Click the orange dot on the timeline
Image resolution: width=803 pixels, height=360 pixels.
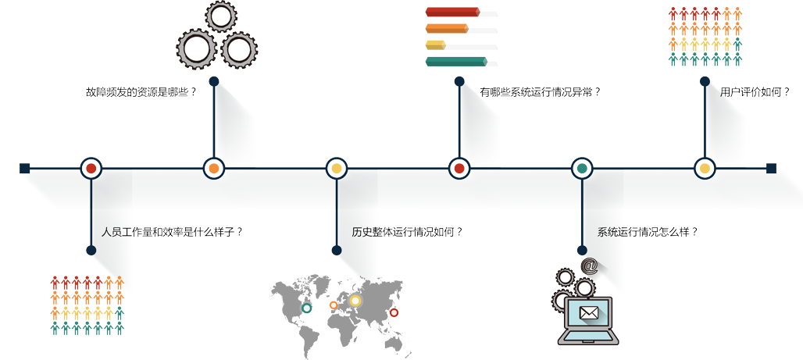213,168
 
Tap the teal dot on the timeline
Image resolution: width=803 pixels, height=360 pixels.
582,168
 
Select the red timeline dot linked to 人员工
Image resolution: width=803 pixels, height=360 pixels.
91,168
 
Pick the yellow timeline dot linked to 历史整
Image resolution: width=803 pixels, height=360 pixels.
337,168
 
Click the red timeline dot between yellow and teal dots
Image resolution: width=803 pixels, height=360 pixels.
459,168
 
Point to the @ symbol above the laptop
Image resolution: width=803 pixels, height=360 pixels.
590,266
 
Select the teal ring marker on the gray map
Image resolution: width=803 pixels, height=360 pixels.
307,308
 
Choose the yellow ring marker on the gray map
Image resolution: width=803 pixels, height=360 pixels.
355,301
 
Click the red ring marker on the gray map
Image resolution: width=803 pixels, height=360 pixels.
394,312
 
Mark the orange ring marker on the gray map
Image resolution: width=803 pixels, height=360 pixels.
334,305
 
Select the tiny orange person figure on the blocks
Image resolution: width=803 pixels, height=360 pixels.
120,280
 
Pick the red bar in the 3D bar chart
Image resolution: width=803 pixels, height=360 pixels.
434,12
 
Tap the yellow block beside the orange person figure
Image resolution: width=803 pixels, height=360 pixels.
86,313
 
